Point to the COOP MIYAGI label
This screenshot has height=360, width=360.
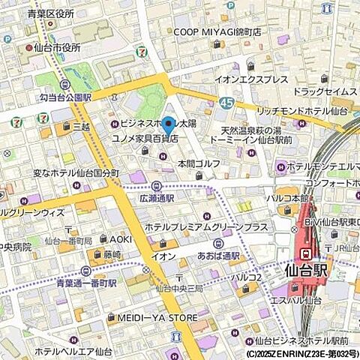217,32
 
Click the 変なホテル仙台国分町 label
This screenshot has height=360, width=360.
76,173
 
